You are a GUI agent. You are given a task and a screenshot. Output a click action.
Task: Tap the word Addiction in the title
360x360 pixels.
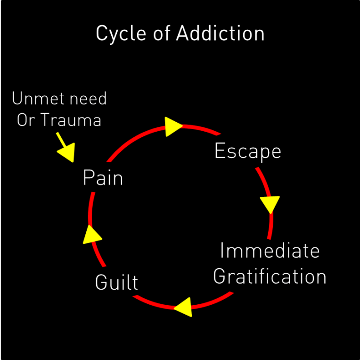click(x=220, y=33)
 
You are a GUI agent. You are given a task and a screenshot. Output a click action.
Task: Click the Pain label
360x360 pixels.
click(x=103, y=178)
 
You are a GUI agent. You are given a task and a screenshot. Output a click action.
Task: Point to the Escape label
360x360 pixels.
click(x=247, y=151)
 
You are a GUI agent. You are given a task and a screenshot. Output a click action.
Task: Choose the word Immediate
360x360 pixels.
click(x=270, y=251)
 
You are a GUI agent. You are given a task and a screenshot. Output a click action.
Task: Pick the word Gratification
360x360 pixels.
click(x=270, y=276)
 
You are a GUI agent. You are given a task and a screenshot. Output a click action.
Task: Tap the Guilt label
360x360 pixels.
click(x=116, y=283)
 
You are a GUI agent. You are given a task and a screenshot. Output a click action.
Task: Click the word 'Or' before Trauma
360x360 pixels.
click(x=26, y=120)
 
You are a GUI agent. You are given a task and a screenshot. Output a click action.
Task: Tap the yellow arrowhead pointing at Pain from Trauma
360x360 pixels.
click(x=67, y=153)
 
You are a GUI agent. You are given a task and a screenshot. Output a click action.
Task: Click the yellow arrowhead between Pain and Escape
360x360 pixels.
click(x=173, y=126)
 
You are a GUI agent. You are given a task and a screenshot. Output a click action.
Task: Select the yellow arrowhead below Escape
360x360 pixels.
click(x=270, y=204)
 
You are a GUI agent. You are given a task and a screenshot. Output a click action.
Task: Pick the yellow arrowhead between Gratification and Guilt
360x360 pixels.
click(x=184, y=307)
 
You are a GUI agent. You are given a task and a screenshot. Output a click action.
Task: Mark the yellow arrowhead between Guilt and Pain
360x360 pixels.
click(x=91, y=234)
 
